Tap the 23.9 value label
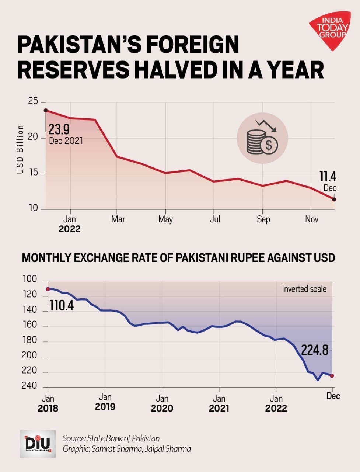pyautogui.click(x=59, y=129)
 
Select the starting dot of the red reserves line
pyautogui.click(x=46, y=110)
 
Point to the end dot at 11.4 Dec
pyautogui.click(x=334, y=199)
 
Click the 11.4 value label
pyautogui.click(x=328, y=177)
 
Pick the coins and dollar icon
pyautogui.click(x=262, y=138)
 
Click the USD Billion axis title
pyautogui.click(x=20, y=149)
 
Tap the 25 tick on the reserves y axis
pyautogui.click(x=33, y=101)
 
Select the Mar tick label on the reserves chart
pyautogui.click(x=118, y=219)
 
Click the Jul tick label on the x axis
pyautogui.click(x=215, y=219)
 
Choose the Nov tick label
pyautogui.click(x=312, y=219)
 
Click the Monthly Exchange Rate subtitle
pyautogui.click(x=178, y=258)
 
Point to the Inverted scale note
pyautogui.click(x=304, y=289)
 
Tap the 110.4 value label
pyautogui.click(x=62, y=305)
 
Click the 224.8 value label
pyautogui.click(x=315, y=350)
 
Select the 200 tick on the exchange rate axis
pyautogui.click(x=29, y=355)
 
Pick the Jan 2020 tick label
pyautogui.click(x=162, y=403)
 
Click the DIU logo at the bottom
pyautogui.click(x=38, y=444)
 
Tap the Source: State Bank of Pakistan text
pyautogui.click(x=111, y=438)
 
